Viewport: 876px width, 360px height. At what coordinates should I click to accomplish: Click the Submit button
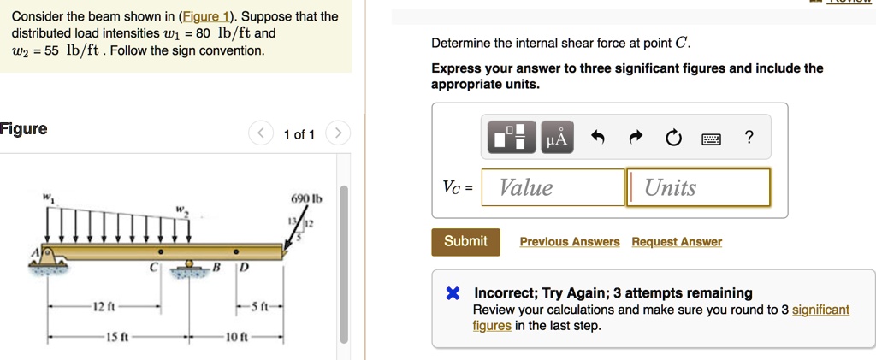(465, 241)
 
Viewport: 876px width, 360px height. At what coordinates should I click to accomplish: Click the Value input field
(553, 187)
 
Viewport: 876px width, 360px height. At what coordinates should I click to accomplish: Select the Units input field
(699, 187)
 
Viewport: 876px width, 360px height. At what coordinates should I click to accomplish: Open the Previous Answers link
(570, 242)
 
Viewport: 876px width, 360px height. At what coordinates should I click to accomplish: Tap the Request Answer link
(677, 242)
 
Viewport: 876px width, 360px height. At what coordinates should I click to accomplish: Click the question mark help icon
(749, 137)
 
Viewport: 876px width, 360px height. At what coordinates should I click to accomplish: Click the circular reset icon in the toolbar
(673, 138)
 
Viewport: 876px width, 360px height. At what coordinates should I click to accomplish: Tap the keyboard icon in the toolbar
(712, 138)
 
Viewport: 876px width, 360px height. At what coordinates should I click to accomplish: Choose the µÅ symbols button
(556, 138)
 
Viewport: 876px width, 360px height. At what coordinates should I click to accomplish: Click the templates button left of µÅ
(512, 138)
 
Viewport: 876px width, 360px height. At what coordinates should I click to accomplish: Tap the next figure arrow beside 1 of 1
(339, 133)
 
